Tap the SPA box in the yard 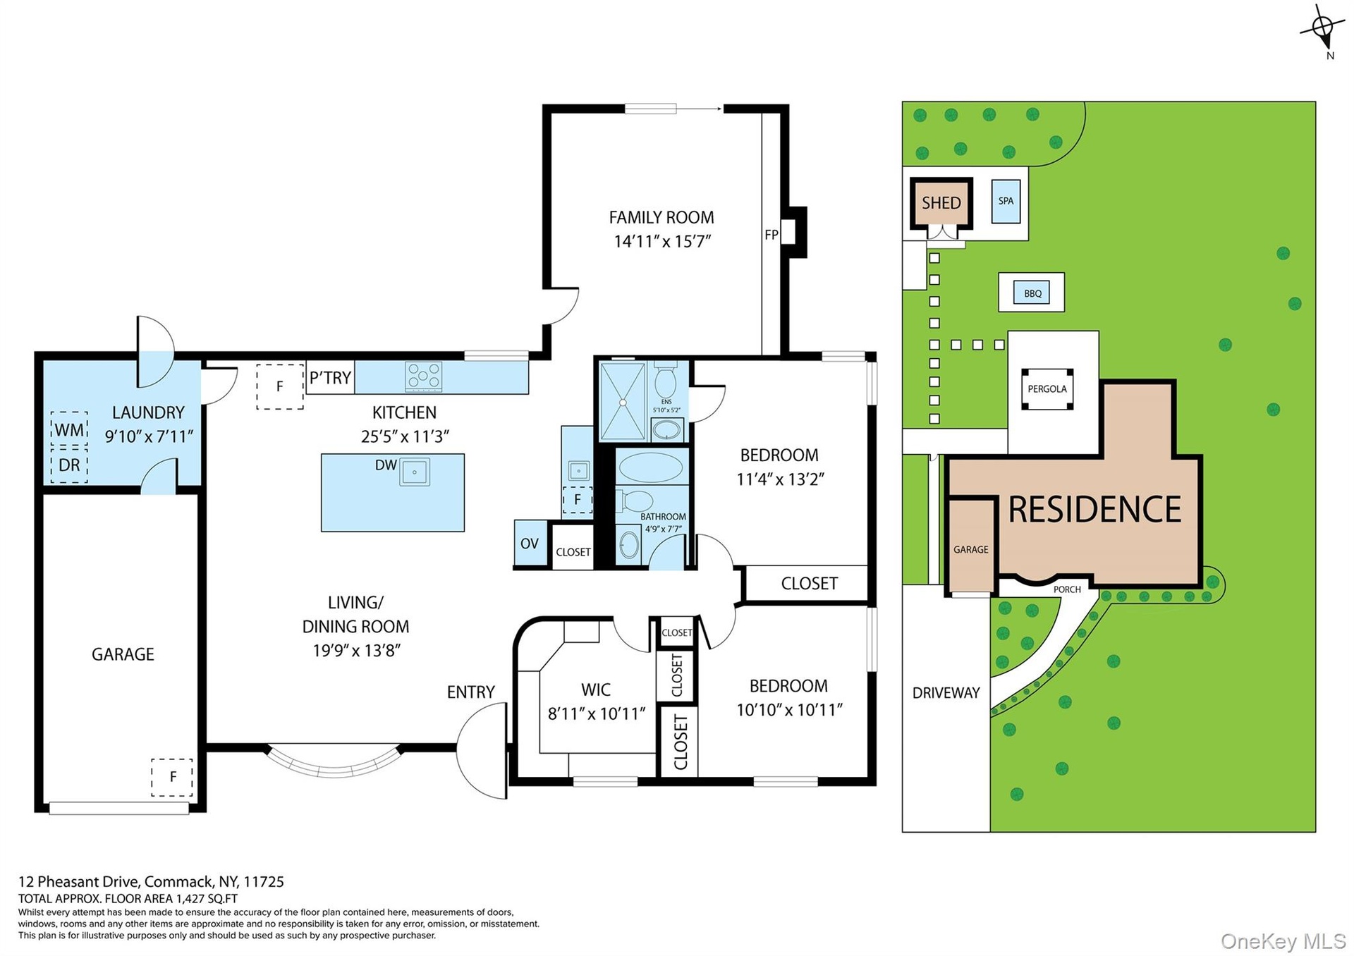click(x=1006, y=201)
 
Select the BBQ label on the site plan click(x=1032, y=293)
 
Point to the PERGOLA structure click(x=1047, y=388)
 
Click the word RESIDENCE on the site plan click(x=1094, y=509)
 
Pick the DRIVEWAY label click(x=946, y=692)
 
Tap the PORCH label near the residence click(x=1067, y=589)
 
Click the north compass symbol click(x=1322, y=30)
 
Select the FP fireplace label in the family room click(x=771, y=235)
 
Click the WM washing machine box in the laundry click(x=69, y=429)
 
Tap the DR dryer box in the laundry click(x=69, y=465)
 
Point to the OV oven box click(x=530, y=543)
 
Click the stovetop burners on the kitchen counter click(x=423, y=376)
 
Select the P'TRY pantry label click(x=330, y=378)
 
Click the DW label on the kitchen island click(x=386, y=465)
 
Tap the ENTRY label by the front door click(x=471, y=692)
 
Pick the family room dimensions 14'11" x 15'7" click(x=662, y=242)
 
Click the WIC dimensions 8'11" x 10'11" click(x=597, y=714)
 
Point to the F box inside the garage click(x=172, y=778)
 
